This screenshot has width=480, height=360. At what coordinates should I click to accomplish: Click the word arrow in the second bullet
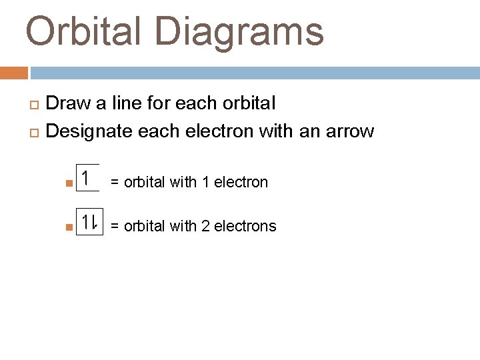350,131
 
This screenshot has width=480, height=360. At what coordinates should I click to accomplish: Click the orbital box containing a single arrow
87,178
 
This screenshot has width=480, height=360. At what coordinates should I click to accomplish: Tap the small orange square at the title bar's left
14,73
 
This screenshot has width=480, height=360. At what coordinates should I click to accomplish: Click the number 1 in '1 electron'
206,182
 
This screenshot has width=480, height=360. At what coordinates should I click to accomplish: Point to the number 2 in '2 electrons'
206,227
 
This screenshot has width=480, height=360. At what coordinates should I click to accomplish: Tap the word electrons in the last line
245,227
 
